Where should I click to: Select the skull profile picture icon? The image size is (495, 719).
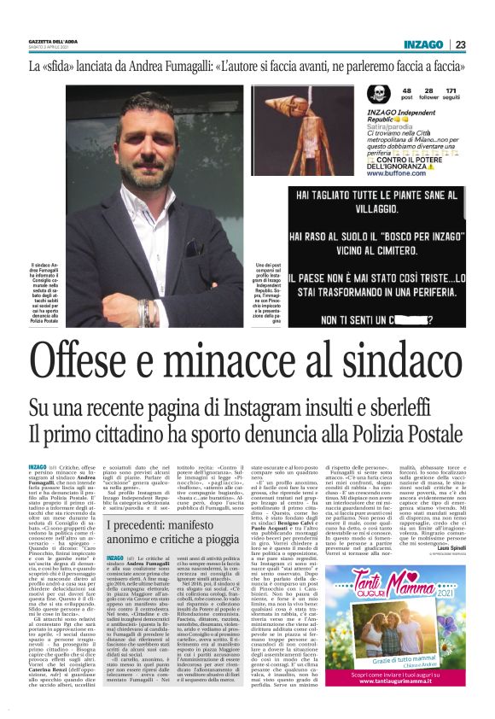376,95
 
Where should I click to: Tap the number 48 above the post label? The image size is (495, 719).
406,90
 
